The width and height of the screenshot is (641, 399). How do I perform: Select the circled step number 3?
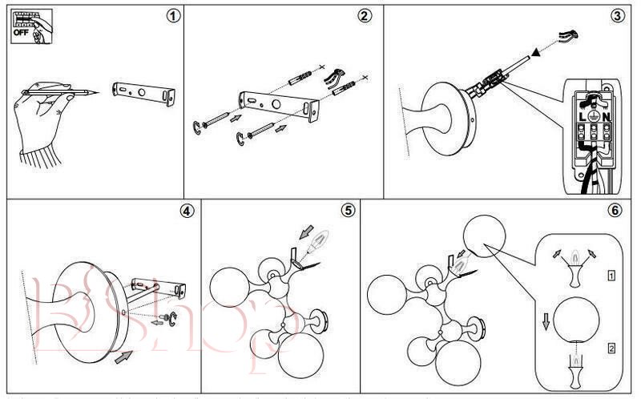pyautogui.click(x=617, y=16)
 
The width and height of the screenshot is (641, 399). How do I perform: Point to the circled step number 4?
pyautogui.click(x=186, y=212)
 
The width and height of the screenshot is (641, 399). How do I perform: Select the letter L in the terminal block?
pyautogui.click(x=583, y=117)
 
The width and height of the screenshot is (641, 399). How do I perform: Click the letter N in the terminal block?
pyautogui.click(x=607, y=117)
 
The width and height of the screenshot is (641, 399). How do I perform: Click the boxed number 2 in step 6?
pyautogui.click(x=611, y=349)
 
